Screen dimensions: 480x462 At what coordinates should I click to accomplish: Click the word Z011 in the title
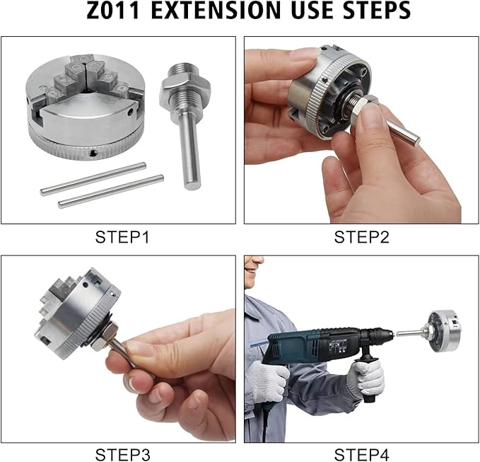coord(113,10)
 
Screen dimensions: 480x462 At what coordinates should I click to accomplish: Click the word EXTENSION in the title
coord(216,10)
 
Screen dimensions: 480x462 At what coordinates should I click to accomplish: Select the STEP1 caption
coord(122,237)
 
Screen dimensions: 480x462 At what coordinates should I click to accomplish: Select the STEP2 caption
coord(361,237)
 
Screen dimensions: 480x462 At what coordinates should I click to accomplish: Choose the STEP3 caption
coord(122,454)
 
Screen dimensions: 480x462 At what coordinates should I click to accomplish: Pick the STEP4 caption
coord(361,454)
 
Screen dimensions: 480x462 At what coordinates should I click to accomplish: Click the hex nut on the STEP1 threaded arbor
coord(185,88)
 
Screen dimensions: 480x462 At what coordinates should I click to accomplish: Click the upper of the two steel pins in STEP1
coord(93,179)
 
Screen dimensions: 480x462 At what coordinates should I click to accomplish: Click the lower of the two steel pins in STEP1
coord(111,192)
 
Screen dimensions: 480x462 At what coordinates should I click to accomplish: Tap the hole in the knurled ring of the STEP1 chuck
coord(93,154)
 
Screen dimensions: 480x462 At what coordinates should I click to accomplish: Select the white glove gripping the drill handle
coord(365,378)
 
